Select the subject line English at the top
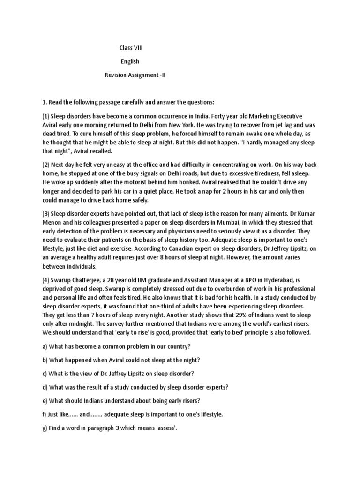click(x=129, y=61)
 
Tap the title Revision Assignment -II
click(x=135, y=75)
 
